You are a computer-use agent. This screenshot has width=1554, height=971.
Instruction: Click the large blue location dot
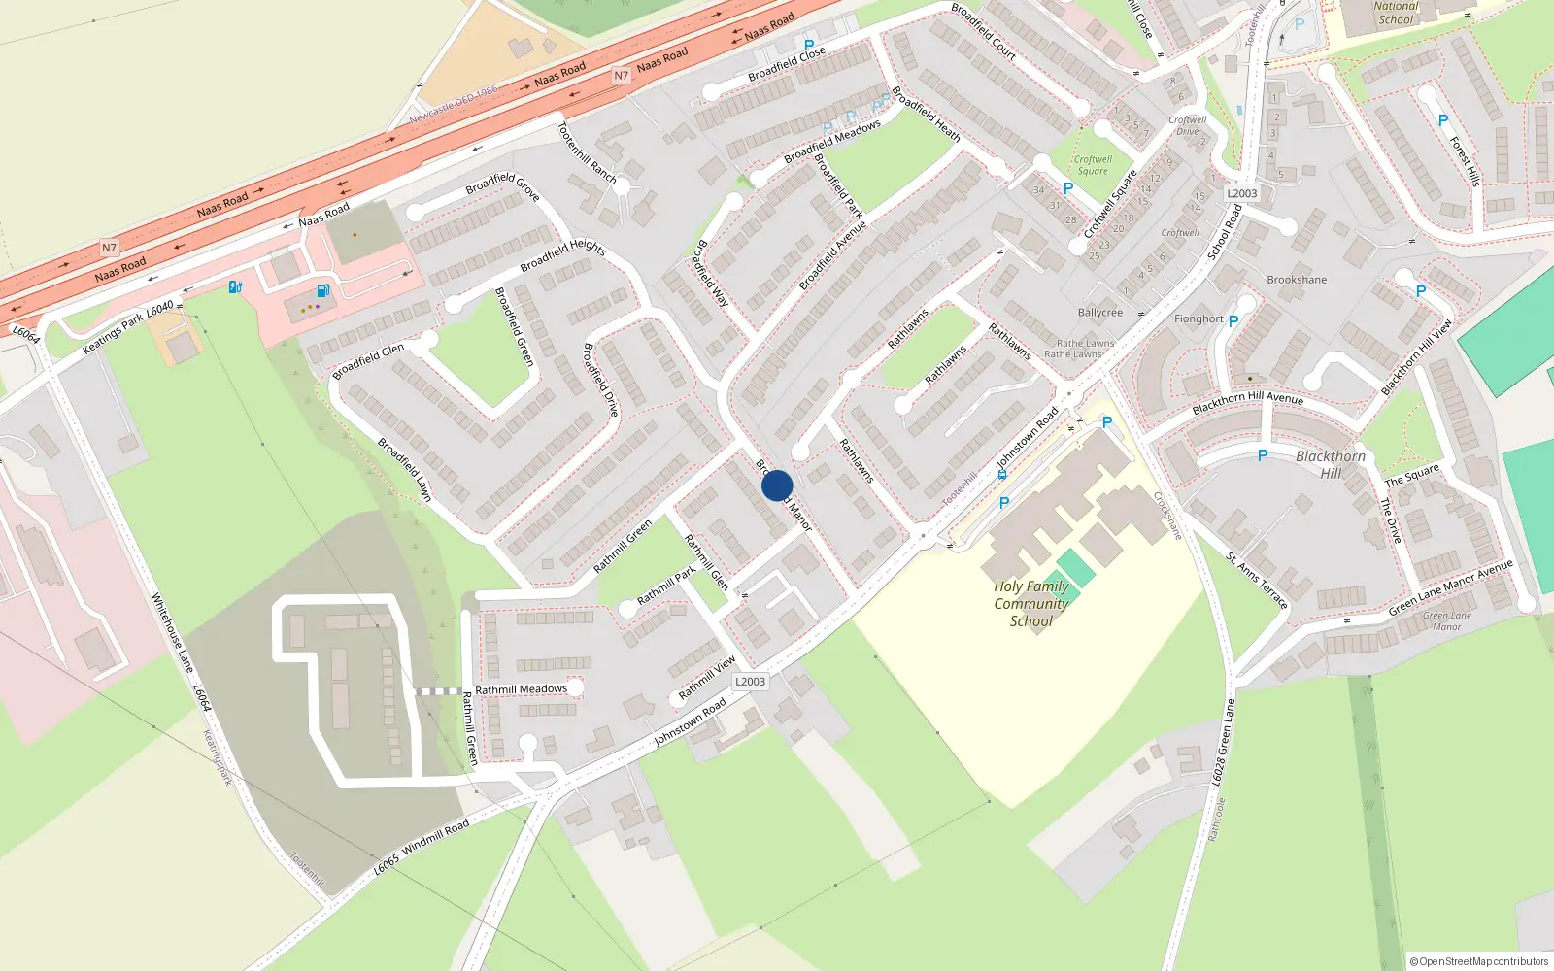point(777,485)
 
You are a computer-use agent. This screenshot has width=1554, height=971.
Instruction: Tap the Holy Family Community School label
point(1030,604)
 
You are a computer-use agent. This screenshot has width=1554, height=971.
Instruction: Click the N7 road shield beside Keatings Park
point(109,249)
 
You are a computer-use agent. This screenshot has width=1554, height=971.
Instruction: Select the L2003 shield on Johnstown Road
point(750,682)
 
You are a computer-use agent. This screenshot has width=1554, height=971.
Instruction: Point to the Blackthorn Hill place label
point(1331,464)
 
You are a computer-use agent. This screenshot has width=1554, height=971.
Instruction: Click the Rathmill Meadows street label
point(521,689)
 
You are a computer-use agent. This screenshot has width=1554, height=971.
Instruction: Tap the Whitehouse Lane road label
point(173,634)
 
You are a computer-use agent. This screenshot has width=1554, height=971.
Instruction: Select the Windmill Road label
point(435,839)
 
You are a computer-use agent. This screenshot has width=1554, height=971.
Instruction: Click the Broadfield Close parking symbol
point(809,45)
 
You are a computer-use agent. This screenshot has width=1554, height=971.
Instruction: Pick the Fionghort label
point(1199,318)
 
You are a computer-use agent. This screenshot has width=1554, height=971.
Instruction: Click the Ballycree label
point(1099,313)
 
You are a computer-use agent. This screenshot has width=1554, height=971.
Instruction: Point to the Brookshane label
point(1297,280)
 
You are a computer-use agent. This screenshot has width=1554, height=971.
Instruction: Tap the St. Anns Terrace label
point(1257,581)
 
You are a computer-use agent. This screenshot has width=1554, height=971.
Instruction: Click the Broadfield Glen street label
point(368,362)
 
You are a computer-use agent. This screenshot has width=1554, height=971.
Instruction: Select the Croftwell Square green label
point(1093,165)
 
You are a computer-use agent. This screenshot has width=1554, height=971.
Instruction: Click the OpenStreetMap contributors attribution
point(1479,961)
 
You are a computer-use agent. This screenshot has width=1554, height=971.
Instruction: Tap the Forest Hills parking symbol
point(1442,120)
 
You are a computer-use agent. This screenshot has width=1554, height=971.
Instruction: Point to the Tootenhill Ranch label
point(587,152)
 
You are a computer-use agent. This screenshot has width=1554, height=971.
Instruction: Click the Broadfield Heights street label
point(562,254)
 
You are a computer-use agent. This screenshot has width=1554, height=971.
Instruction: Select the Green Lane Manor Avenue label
point(1450,587)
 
